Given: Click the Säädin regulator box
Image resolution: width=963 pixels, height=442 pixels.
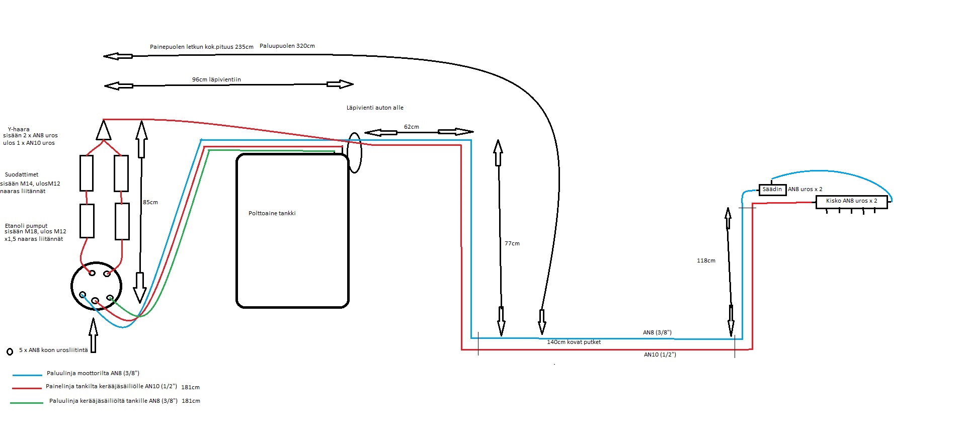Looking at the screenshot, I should click(772, 190).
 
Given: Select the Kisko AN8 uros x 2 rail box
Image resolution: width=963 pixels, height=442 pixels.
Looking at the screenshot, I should click(851, 202).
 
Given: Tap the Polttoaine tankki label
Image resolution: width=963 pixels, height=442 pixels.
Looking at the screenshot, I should click(272, 213).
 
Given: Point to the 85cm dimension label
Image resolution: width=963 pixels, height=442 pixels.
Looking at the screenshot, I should click(150, 202).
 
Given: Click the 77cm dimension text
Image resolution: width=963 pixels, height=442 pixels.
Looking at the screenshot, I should click(512, 243).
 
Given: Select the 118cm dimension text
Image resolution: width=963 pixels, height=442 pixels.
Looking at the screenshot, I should click(706, 260).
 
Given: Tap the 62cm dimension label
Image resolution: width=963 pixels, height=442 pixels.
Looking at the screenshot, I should click(411, 127).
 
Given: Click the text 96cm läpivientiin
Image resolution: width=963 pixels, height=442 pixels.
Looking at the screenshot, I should click(216, 79).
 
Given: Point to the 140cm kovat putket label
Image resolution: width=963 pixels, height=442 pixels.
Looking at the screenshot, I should click(574, 342).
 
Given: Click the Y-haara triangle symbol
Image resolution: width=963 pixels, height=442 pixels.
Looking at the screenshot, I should click(103, 130).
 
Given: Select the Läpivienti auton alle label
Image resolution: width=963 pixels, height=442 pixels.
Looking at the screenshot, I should click(375, 108).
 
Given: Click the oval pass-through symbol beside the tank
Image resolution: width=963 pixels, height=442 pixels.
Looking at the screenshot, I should click(355, 152).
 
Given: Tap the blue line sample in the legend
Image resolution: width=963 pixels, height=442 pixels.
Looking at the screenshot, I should click(27, 375).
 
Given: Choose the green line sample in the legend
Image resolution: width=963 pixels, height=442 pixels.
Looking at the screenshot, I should click(27, 403).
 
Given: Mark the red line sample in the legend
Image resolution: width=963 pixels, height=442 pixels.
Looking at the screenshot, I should click(27, 388).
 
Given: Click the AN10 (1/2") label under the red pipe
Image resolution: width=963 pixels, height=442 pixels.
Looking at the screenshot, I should click(660, 355).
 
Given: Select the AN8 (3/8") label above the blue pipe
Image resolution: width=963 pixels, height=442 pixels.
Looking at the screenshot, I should click(657, 332).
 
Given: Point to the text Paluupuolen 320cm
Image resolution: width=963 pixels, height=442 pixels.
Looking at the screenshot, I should click(287, 46).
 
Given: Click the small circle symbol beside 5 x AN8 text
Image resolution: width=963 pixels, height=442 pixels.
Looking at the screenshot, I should click(10, 351).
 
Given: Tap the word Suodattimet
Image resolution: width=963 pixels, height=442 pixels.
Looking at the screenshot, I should click(22, 174).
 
